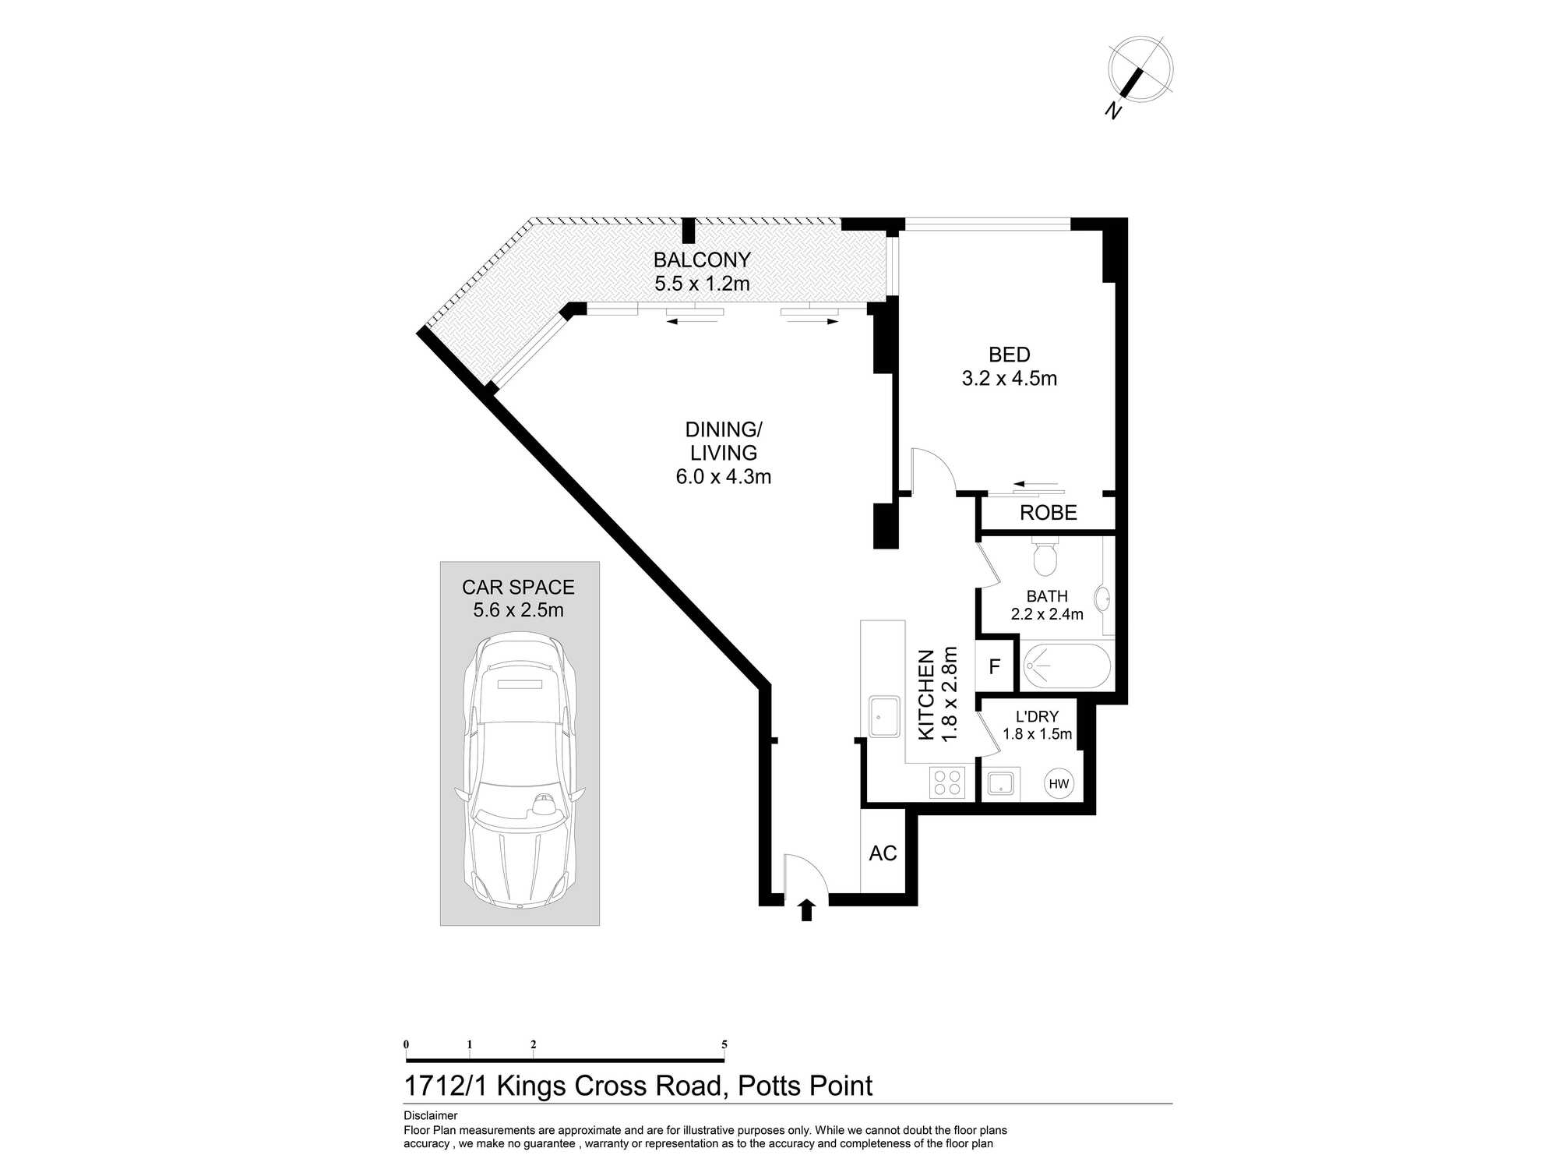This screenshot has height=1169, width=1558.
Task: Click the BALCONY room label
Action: click(702, 260)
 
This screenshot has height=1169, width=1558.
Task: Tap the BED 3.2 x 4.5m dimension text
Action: click(1010, 379)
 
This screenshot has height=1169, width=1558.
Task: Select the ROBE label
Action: click(1049, 513)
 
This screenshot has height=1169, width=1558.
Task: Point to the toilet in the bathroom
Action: click(1044, 556)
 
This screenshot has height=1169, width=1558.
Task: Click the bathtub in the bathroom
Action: click(1066, 666)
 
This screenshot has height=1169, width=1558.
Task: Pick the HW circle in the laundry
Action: click(1059, 784)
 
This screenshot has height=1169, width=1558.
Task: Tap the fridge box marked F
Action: click(996, 666)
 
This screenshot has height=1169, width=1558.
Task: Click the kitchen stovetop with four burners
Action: click(947, 782)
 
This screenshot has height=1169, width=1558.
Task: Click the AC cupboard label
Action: click(883, 853)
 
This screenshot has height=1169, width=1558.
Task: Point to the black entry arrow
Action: click(807, 910)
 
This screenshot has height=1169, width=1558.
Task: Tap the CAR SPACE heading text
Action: click(518, 587)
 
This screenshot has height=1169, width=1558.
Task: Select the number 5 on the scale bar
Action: click(724, 1045)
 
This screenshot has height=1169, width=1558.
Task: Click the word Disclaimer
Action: click(431, 1116)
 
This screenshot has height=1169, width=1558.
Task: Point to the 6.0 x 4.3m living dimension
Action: click(724, 477)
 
